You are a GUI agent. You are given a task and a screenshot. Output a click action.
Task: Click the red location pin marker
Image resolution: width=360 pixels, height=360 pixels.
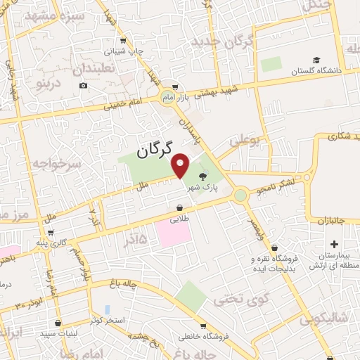(181, 165)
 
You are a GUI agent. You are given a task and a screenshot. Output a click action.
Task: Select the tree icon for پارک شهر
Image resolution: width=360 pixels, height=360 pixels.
(204, 176)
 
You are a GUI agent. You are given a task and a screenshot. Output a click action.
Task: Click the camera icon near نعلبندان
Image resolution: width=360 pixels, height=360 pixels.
(84, 86)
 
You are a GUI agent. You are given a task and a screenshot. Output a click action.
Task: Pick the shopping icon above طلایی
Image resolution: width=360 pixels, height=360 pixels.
(181, 208)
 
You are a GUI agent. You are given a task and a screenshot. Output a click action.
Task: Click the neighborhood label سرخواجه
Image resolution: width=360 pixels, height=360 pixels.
(62, 162)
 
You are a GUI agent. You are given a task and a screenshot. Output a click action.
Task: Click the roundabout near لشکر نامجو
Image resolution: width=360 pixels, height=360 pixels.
(241, 193)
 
